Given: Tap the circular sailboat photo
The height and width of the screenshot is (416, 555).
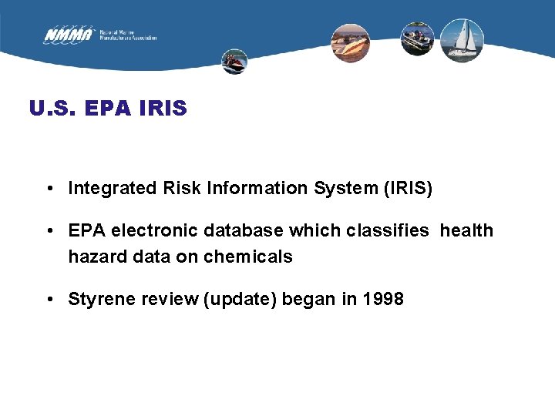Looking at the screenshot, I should tap(462, 40).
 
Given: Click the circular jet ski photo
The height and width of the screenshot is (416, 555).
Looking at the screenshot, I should tap(234, 62).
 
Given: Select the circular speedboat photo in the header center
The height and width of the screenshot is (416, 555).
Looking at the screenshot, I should tap(351, 42).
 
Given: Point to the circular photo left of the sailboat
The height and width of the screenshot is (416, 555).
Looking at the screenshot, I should tap(417, 39).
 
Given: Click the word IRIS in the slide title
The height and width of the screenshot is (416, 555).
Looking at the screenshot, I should tap(163, 109).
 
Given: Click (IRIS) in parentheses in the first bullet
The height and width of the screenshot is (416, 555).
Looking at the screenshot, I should tap(408, 188).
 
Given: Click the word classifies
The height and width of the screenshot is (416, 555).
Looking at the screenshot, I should tap(384, 230).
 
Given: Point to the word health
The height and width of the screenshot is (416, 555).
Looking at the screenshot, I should tap(466, 230).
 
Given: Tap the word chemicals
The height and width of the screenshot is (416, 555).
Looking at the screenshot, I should tap(248, 257).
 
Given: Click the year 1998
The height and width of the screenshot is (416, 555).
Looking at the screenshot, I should tap(382, 299).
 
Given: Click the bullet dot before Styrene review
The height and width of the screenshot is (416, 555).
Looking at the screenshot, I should tap(49, 299).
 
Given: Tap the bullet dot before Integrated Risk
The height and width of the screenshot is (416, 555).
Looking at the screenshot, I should tap(49, 188).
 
